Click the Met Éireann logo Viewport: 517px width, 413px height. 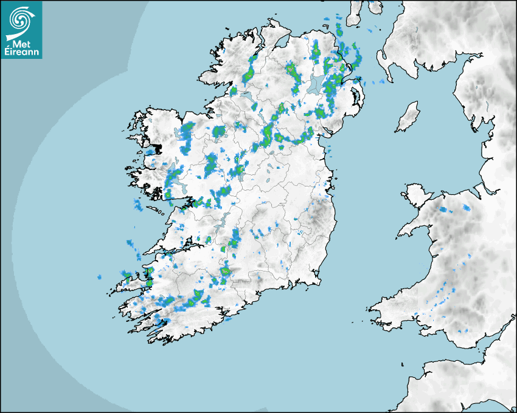pos(21,29)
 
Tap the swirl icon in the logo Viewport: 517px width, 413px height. pos(20,19)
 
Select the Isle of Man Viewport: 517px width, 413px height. pos(408,117)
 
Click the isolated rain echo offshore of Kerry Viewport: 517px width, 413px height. pos(99,278)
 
